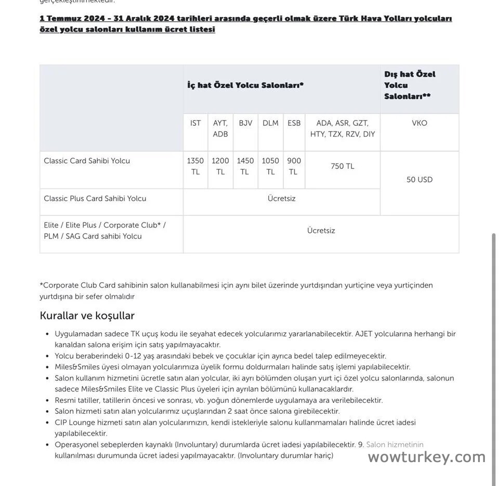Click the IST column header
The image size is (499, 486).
pos(195,123)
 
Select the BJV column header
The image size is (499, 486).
pos(245,123)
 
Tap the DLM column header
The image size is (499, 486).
pos(270,123)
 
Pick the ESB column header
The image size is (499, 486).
pos(294,123)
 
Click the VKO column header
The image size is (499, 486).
pos(419,123)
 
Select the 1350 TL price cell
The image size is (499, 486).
pos(195,166)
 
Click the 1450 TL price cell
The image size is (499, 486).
pos(245,166)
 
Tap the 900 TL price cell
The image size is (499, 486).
pos(294,166)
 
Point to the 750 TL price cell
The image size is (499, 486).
pos(343,166)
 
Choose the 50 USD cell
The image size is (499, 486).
pos(419,180)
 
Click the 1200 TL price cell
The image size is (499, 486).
pos(220,166)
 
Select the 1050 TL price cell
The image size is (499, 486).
pos(270,166)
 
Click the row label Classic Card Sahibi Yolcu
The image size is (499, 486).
pos(87,161)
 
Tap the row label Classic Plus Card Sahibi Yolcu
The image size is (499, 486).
pos(95,199)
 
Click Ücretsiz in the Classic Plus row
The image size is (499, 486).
pos(282,199)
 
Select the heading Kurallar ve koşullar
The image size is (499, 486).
pos(87,316)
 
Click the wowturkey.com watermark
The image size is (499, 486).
pos(427,457)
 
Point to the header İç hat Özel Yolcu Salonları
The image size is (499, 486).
pos(245,85)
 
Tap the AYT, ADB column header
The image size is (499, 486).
pos(220,128)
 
